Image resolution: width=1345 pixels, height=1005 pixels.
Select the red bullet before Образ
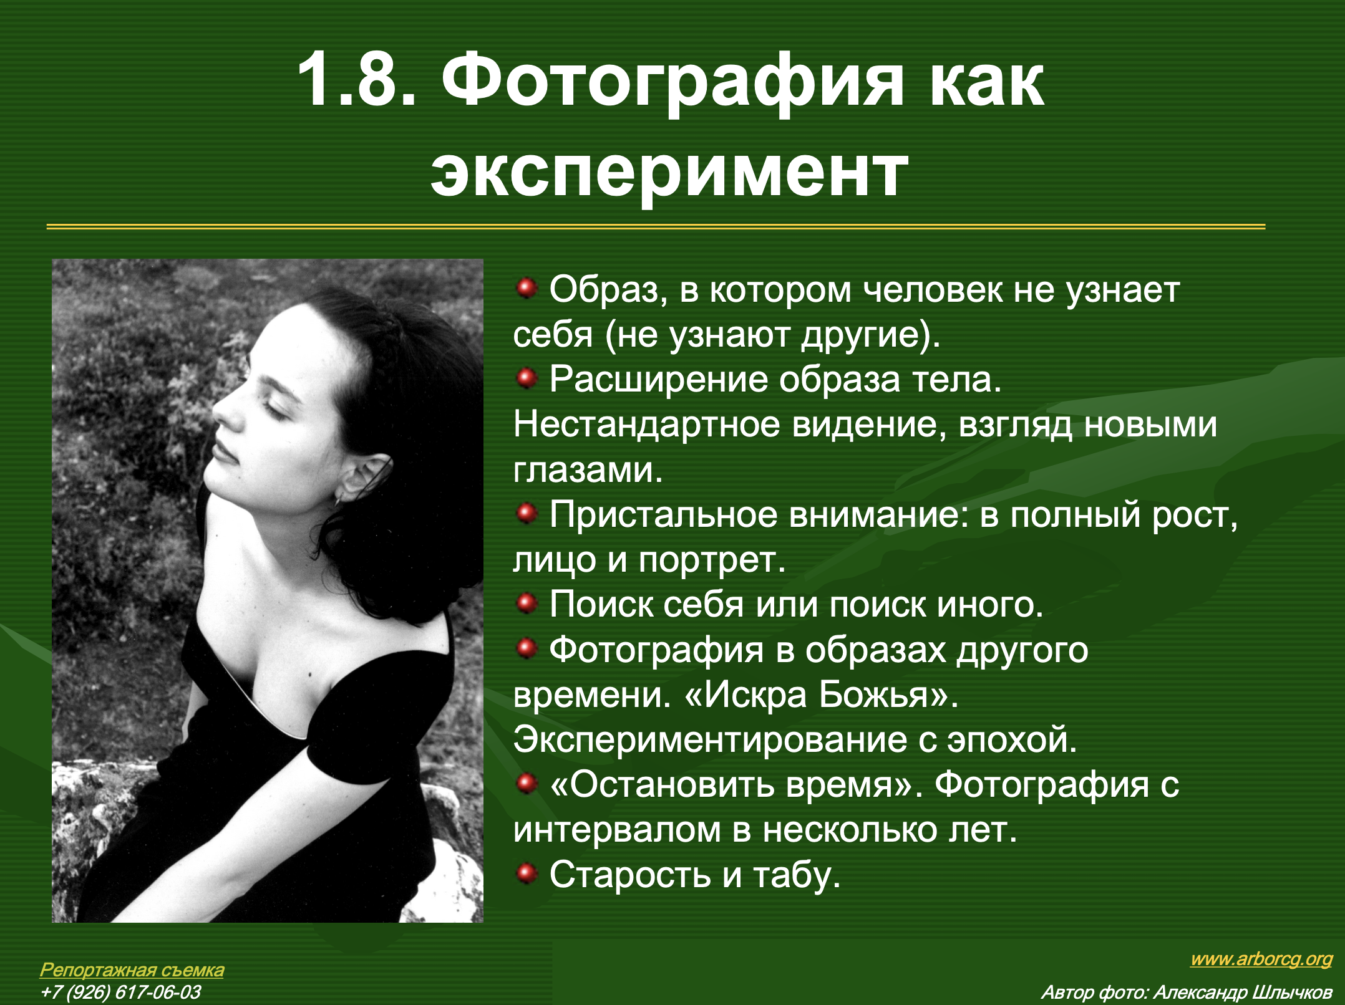527,289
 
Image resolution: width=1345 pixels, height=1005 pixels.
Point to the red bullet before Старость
527,873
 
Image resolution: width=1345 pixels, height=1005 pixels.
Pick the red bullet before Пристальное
527,514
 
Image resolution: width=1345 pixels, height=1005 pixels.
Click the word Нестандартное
647,425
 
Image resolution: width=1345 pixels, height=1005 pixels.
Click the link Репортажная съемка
132,970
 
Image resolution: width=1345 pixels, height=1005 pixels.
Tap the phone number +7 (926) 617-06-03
120,992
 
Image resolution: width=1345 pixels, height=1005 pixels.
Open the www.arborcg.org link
1261,959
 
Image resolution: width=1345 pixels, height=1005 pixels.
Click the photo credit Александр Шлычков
1242,992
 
